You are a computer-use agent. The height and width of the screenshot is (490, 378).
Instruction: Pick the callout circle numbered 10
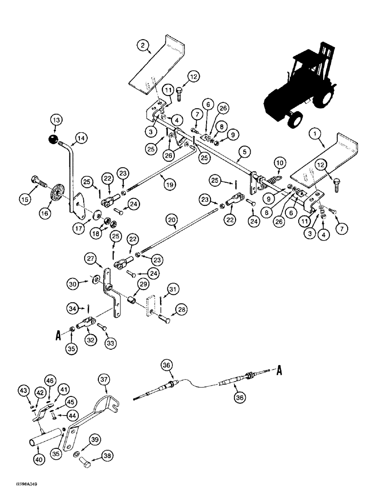[x=279, y=162]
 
